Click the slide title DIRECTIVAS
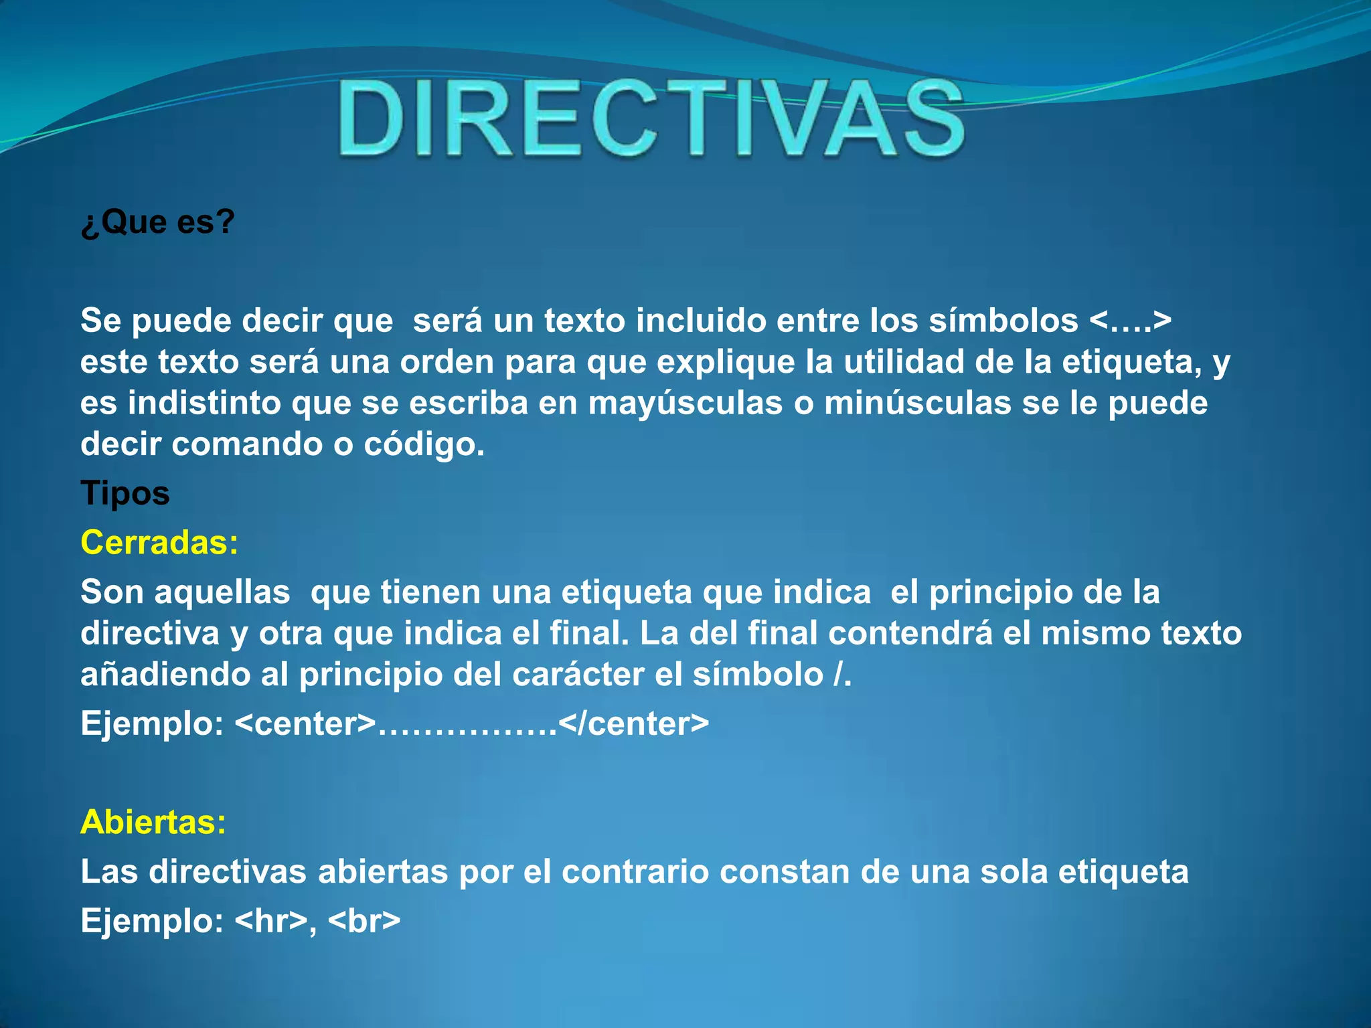pyautogui.click(x=651, y=118)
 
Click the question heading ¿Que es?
pyautogui.click(x=158, y=222)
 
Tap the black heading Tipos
pyautogui.click(x=125, y=493)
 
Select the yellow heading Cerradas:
pyautogui.click(x=159, y=542)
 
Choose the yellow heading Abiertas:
pyautogui.click(x=153, y=821)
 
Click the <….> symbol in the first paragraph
pyautogui.click(x=1130, y=321)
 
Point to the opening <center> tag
pyautogui.click(x=305, y=723)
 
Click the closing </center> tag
pyautogui.click(x=633, y=723)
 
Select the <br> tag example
pyautogui.click(x=364, y=920)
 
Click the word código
pyautogui.click(x=424, y=444)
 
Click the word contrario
pyautogui.click(x=635, y=871)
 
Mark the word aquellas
pyautogui.click(x=222, y=592)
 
